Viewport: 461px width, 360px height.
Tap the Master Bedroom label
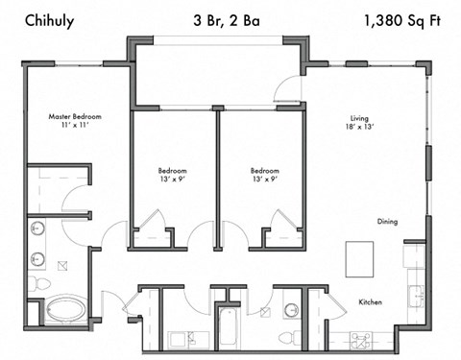click(75, 117)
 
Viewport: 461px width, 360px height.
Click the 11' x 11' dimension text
click(75, 127)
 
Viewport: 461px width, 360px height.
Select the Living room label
click(357, 117)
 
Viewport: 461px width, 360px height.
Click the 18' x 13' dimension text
click(357, 127)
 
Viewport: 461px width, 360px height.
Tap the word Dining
click(387, 222)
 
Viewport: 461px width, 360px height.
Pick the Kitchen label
click(371, 302)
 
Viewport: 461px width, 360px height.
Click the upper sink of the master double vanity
click(36, 228)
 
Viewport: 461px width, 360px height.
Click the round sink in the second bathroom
click(291, 309)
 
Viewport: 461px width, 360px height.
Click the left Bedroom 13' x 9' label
click(173, 176)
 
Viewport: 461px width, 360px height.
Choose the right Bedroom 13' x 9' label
click(264, 176)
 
